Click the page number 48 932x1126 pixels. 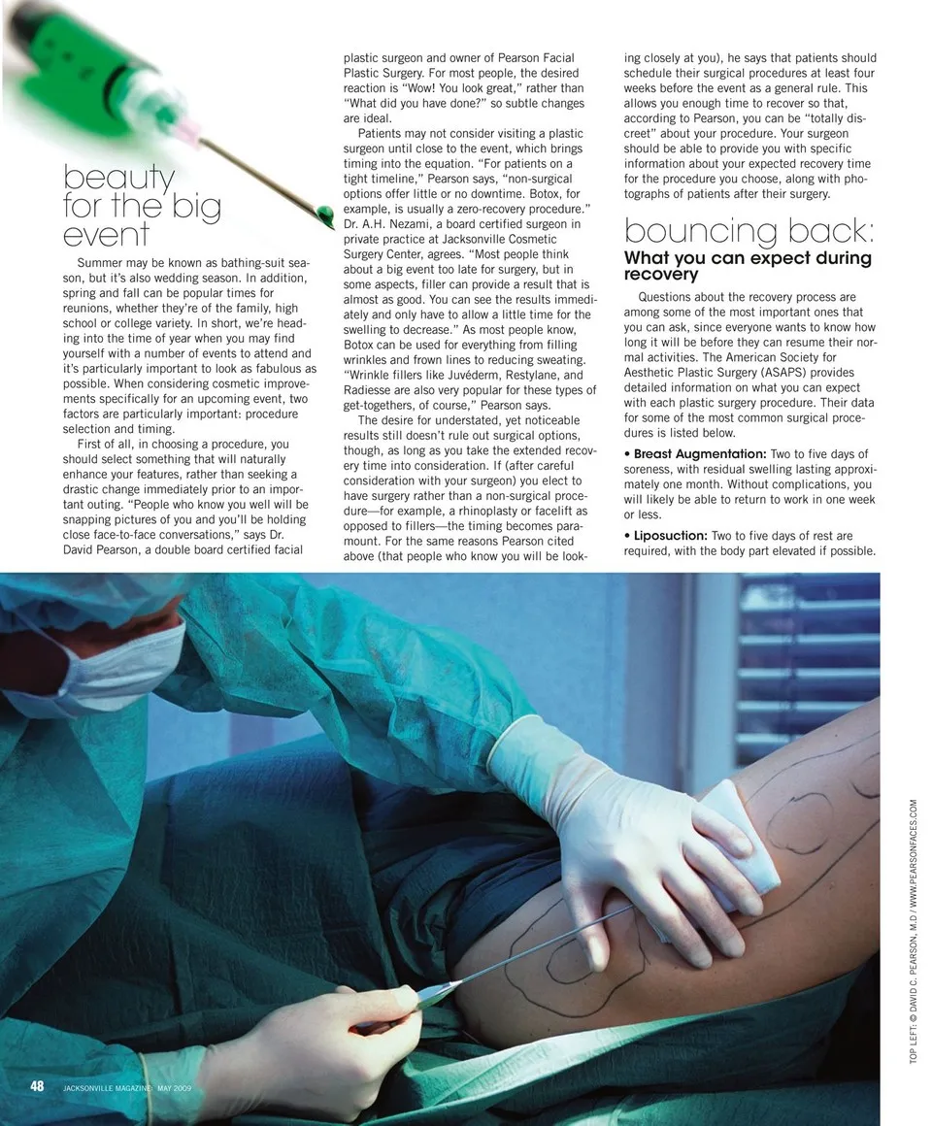pyautogui.click(x=37, y=1086)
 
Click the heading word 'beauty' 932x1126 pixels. pyautogui.click(x=118, y=179)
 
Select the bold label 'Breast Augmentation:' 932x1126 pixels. pyautogui.click(x=699, y=454)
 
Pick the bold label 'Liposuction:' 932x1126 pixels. pyautogui.click(x=671, y=536)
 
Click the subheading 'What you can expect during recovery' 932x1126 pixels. pyautogui.click(x=748, y=266)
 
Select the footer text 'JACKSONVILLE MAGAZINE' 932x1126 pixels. pyautogui.click(x=107, y=1088)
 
